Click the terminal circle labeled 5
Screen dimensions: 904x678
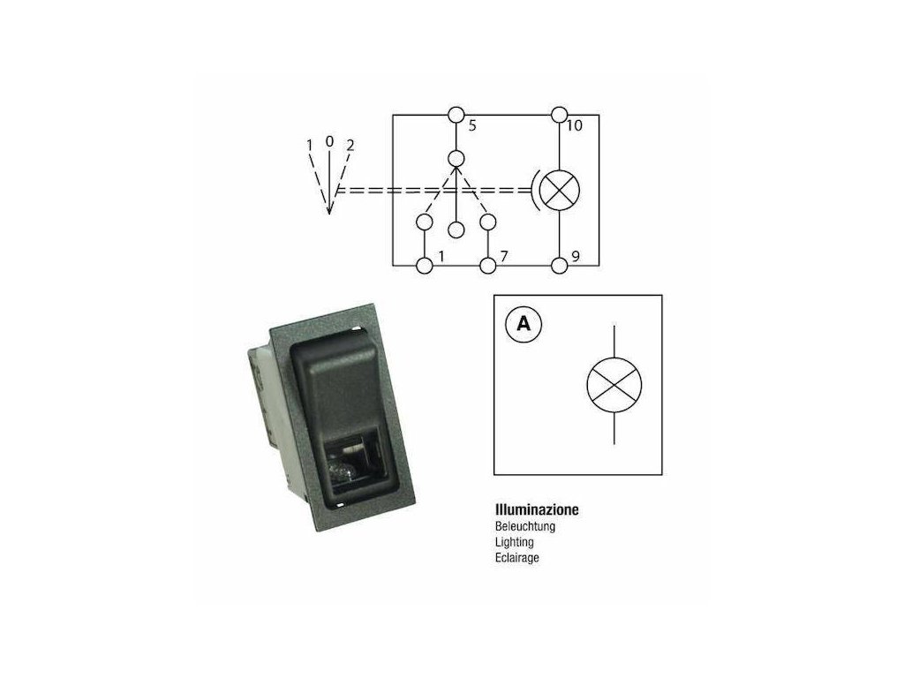456,115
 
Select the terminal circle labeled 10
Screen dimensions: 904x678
558,115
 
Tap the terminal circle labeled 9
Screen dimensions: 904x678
558,265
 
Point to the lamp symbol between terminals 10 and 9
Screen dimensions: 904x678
558,189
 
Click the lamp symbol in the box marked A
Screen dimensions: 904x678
614,384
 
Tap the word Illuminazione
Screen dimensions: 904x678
537,510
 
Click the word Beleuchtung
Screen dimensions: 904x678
526,526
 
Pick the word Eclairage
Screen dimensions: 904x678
518,558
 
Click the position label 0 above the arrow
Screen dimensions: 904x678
329,141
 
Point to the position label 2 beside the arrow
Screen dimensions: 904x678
350,146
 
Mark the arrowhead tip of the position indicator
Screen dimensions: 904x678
329,213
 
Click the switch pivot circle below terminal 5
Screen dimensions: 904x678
456,159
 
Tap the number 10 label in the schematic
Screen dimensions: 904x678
575,126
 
